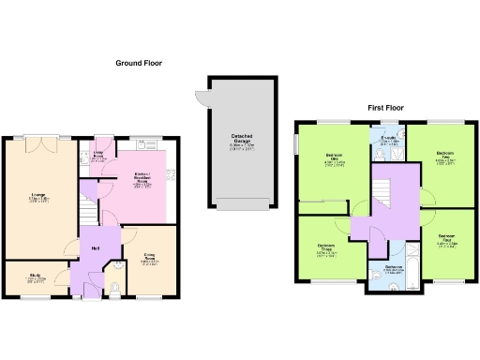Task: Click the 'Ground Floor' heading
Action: click(139, 63)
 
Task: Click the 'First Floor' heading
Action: click(385, 109)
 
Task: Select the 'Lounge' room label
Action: click(38, 195)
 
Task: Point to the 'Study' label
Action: click(34, 276)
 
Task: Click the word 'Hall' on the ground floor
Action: click(97, 247)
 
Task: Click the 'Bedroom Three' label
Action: click(326, 247)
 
